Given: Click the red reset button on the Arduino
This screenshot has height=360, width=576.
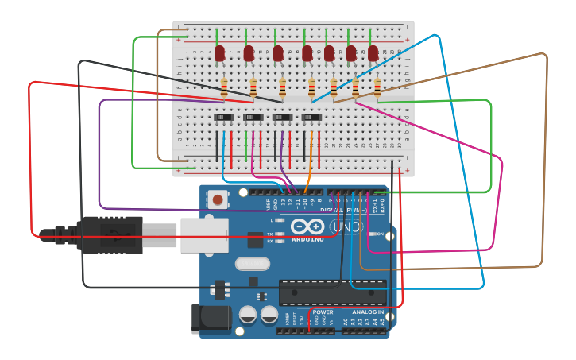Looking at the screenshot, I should tap(218, 199).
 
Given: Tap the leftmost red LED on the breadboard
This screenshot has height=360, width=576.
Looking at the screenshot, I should tap(220, 53).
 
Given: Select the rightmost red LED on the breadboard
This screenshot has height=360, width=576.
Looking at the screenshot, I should tap(373, 53).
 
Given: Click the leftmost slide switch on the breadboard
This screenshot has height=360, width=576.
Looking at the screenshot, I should tap(224, 118).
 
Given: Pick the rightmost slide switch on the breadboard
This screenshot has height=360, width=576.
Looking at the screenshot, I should tap(311, 118).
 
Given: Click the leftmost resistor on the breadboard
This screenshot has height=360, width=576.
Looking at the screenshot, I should tap(224, 88).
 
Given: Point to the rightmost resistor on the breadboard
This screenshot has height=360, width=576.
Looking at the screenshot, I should tap(377, 88).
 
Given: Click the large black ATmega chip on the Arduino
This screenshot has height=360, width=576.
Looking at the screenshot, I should tap(332, 292).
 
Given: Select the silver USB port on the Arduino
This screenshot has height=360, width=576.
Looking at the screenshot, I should tap(204, 234).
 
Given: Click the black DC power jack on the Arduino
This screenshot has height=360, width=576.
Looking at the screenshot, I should tap(211, 319).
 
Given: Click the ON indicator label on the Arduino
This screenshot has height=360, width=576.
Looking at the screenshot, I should tap(380, 234).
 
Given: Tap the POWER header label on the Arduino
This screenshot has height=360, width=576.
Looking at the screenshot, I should tap(323, 312).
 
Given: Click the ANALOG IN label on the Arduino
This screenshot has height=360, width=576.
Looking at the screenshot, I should tap(369, 312).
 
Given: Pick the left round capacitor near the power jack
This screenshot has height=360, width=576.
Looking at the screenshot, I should tap(248, 315).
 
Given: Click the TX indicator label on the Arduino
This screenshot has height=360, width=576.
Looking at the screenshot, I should tap(270, 234).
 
